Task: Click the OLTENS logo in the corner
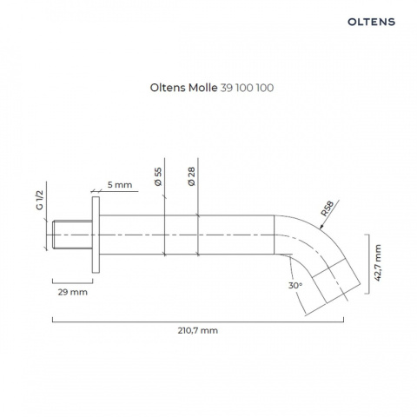(x=371, y=22)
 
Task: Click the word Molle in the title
(x=203, y=88)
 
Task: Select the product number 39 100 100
(x=247, y=88)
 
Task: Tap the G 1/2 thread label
(x=39, y=200)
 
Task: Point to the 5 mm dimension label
(x=120, y=185)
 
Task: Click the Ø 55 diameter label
(x=158, y=176)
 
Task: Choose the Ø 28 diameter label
(x=192, y=176)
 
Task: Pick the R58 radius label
(x=328, y=208)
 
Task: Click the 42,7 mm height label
(x=378, y=263)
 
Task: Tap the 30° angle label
(x=295, y=286)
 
